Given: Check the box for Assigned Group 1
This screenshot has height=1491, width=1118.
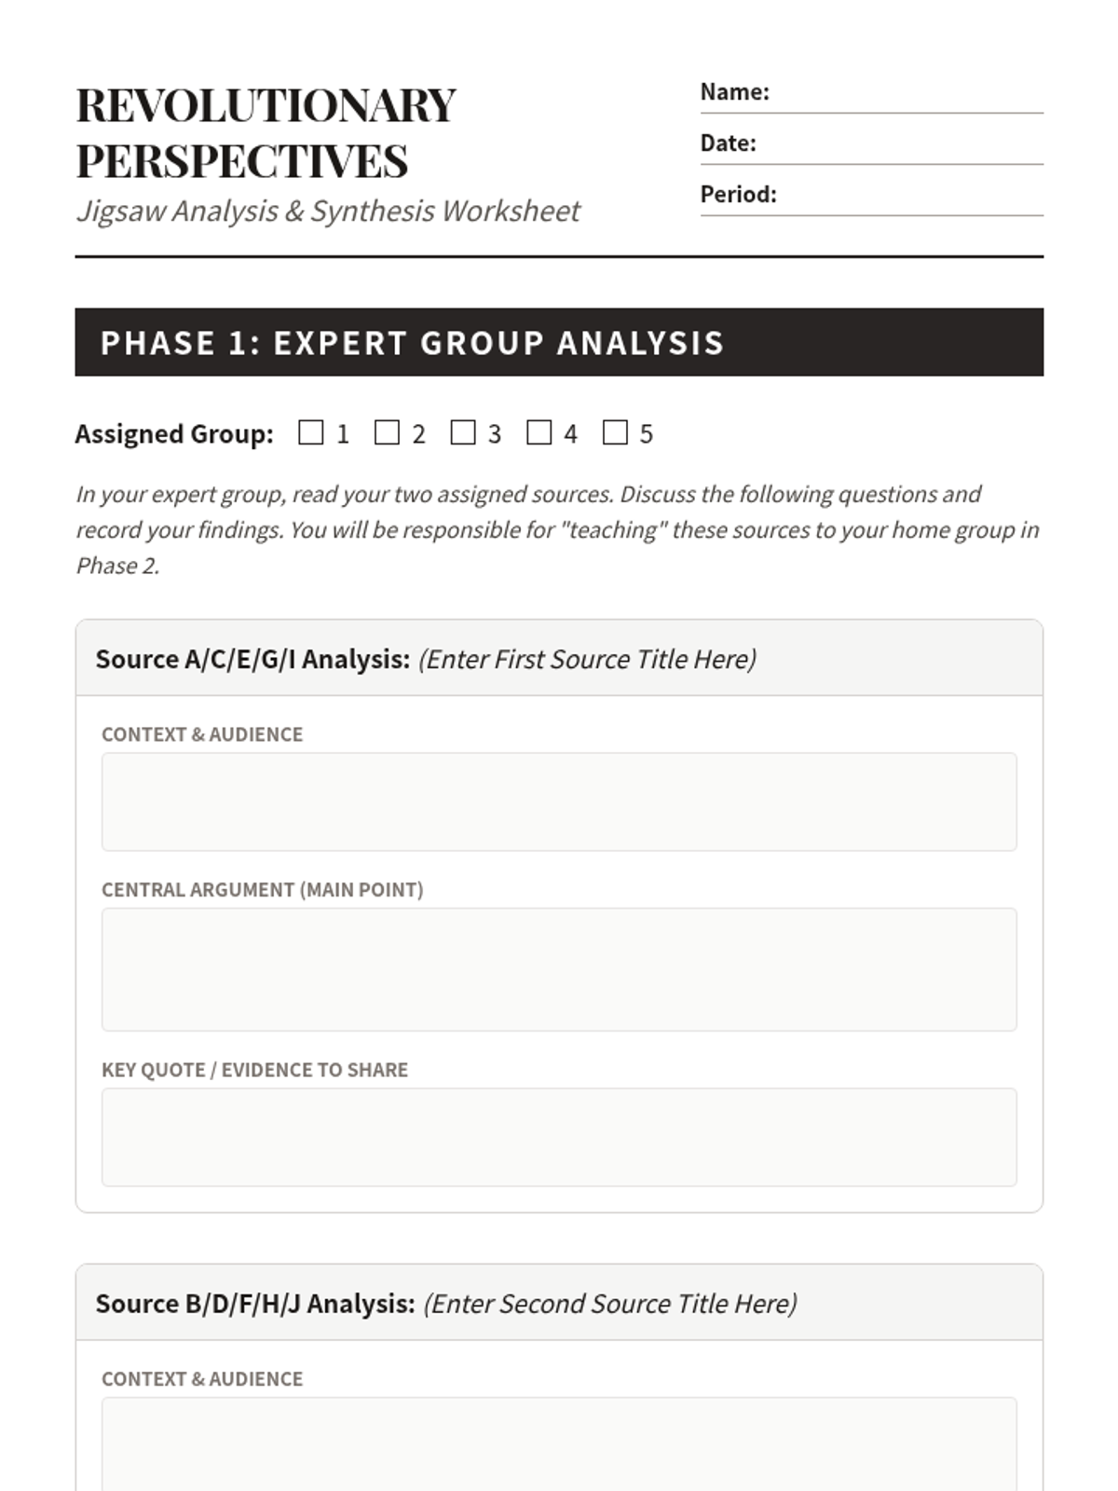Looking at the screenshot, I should tap(311, 432).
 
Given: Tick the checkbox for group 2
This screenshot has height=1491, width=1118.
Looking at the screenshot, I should tap(387, 432).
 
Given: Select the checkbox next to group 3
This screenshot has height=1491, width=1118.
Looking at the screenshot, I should tap(463, 432).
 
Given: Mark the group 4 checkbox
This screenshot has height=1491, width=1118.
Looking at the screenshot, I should tap(539, 432).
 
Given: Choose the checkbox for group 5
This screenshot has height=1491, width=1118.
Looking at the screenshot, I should tap(615, 432).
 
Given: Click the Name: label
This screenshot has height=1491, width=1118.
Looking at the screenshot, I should tap(734, 92).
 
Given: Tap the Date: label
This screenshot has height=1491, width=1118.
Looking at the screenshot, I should tap(728, 144).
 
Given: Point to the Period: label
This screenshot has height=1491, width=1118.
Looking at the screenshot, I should tap(738, 195).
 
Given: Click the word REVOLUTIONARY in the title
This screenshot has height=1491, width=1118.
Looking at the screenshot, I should tap(266, 105).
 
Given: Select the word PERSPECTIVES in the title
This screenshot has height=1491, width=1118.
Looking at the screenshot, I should tap(242, 161).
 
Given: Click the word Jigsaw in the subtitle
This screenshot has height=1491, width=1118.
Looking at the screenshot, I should tap(121, 212).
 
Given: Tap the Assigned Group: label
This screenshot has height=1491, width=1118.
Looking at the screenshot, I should tap(174, 434).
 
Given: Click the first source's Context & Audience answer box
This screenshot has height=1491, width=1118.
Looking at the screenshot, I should tap(559, 801).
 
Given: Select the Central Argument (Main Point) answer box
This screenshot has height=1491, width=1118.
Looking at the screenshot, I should tap(559, 969).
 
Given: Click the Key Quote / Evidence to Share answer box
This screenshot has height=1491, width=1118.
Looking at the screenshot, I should tap(559, 1137).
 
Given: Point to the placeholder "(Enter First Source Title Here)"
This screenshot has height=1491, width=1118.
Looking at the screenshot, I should tap(587, 660).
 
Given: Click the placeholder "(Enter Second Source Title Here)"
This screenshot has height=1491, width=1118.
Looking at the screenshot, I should tap(610, 1304).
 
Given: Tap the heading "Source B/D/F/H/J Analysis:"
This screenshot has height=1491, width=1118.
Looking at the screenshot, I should tap(255, 1304).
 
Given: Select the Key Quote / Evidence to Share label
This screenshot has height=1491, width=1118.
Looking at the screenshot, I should tap(254, 1070).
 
